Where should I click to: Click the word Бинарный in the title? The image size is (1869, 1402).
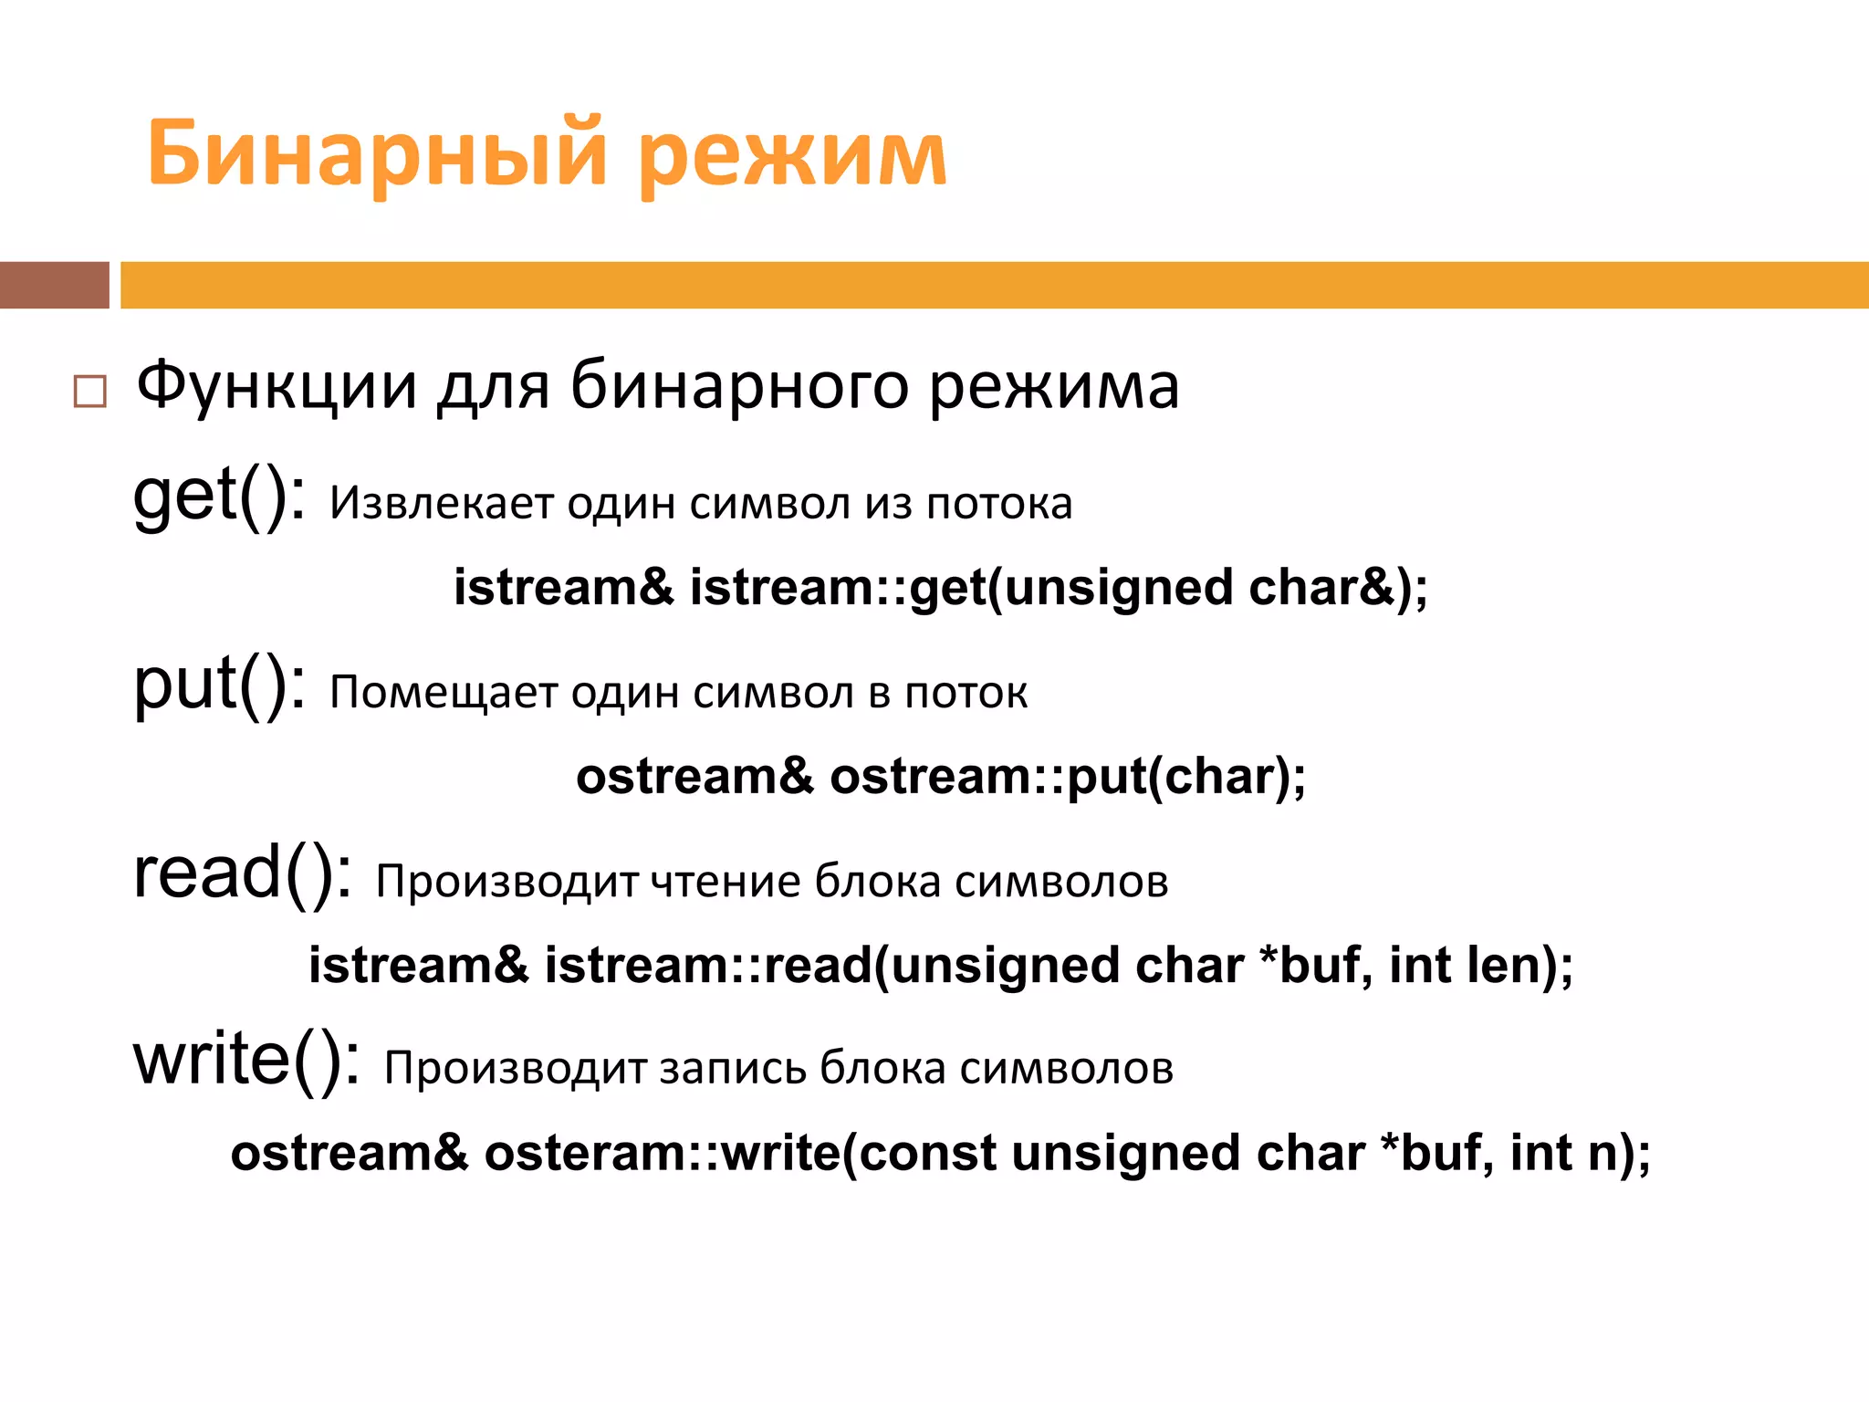coord(376,153)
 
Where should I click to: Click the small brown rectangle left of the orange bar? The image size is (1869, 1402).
coord(54,285)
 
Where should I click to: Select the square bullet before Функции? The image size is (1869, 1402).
coord(89,392)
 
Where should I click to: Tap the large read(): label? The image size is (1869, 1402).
coord(242,874)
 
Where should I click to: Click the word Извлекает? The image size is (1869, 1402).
coord(441,504)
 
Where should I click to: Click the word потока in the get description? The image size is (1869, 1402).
coord(999,504)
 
